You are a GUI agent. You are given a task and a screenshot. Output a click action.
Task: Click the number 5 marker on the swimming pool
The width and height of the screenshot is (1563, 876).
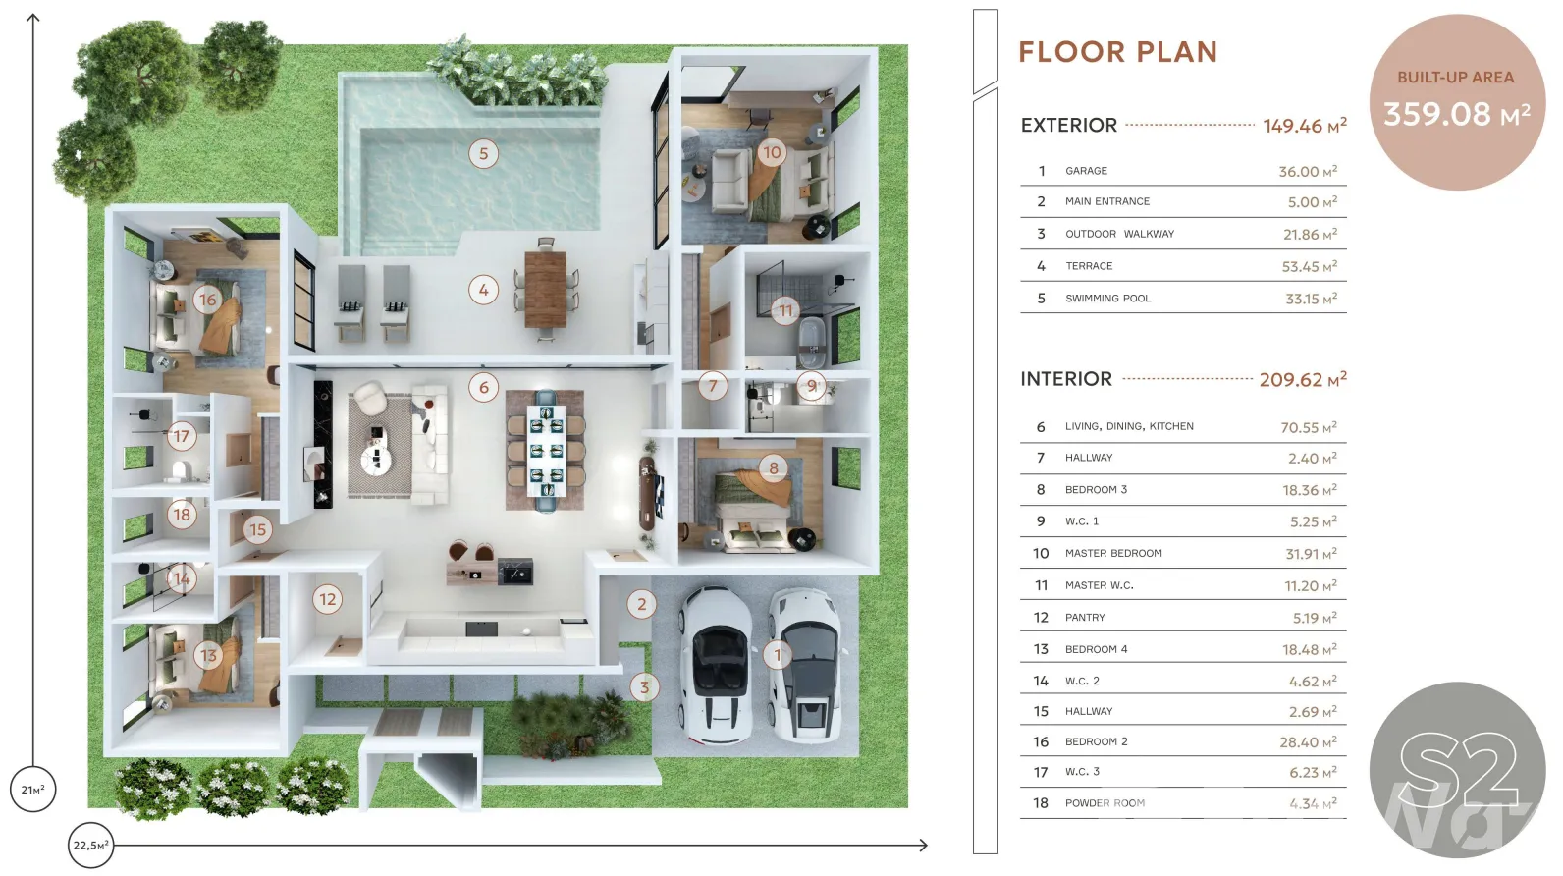point(484,153)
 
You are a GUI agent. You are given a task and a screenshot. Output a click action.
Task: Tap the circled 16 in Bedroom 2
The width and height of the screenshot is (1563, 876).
point(207,301)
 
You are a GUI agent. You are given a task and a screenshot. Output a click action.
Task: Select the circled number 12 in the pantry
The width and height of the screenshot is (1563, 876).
point(327,599)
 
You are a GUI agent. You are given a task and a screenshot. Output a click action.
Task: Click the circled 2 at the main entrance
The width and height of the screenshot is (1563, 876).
point(641,605)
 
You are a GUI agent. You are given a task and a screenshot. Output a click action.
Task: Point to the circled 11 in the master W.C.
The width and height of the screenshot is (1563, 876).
point(785,310)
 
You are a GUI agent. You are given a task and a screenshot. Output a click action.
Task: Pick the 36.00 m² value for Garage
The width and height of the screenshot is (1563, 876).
point(1308,171)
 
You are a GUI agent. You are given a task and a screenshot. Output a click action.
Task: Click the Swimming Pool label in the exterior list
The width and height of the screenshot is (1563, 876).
point(1108,298)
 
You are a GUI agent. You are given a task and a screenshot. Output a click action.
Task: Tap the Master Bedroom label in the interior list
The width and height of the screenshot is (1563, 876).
point(1113,553)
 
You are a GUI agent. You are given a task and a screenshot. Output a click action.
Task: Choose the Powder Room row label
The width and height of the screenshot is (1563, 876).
point(1105,802)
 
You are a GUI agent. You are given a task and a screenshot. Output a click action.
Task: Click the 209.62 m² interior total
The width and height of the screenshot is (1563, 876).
point(1303,379)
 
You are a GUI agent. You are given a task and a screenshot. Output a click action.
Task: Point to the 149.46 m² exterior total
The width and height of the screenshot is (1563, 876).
point(1305,126)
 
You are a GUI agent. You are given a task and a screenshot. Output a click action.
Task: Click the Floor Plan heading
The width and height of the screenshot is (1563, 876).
point(1118,52)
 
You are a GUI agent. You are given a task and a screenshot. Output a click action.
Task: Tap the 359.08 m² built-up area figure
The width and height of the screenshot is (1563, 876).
point(1457,115)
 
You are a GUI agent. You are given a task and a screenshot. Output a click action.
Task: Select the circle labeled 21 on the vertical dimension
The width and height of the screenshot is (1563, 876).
point(32,790)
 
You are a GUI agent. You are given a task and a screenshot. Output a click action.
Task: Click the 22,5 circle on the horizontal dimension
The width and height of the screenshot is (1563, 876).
point(90,846)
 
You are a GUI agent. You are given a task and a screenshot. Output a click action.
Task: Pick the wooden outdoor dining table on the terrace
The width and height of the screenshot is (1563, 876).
point(545,290)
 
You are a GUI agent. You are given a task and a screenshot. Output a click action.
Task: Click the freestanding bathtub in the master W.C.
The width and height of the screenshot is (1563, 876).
point(812,343)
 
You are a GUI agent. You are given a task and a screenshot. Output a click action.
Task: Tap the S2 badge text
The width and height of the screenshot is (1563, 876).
point(1458,770)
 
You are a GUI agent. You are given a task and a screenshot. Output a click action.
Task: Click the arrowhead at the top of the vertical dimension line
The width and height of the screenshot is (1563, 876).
point(32,17)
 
